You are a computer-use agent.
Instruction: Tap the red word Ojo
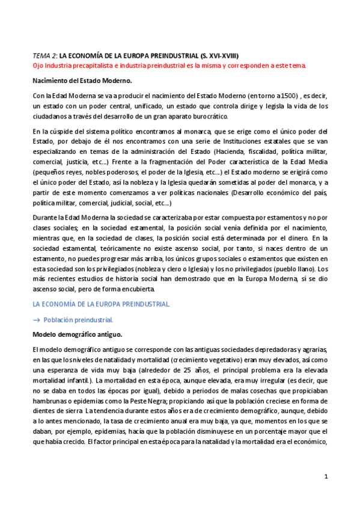coord(38,65)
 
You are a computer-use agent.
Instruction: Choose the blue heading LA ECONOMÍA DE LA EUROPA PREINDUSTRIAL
coord(101,304)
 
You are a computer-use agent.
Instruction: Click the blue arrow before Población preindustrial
coord(36,320)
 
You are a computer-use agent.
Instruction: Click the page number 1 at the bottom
coord(325,476)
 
